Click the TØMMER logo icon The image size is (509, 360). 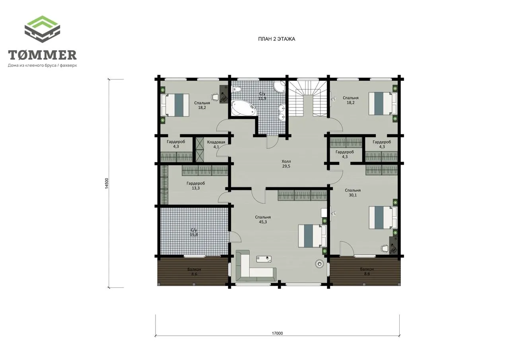pyautogui.click(x=42, y=29)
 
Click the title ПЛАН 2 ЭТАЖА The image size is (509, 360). pyautogui.click(x=276, y=39)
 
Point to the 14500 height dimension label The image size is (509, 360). pyautogui.click(x=107, y=183)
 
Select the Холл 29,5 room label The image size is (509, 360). pyautogui.click(x=286, y=163)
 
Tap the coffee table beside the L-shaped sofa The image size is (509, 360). pyautogui.click(x=264, y=259)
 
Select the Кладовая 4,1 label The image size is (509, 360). pyautogui.click(x=216, y=144)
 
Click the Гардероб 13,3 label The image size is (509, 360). pyautogui.click(x=196, y=185)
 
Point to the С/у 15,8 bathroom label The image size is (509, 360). pyautogui.click(x=194, y=232)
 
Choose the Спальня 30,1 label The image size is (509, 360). pyautogui.click(x=353, y=193)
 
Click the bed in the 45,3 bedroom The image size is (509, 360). pyautogui.click(x=312, y=235)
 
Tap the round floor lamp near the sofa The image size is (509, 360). pyautogui.click(x=319, y=264)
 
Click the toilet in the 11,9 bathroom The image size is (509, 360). pyautogui.click(x=237, y=90)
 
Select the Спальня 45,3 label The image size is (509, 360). pyautogui.click(x=263, y=220)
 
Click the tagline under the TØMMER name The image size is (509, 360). pyautogui.click(x=42, y=66)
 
